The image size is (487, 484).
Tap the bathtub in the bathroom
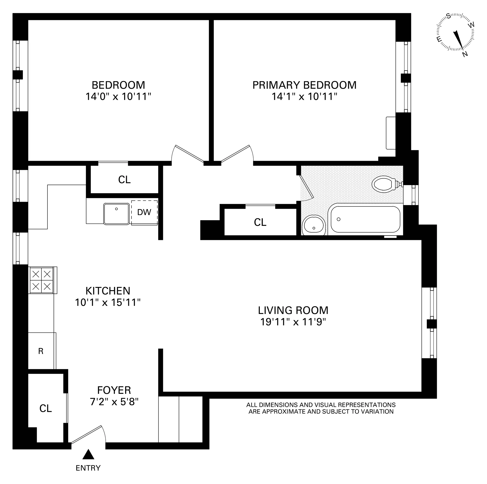[x=365, y=219]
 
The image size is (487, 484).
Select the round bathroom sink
[x=314, y=225]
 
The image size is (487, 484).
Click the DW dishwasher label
[x=144, y=212]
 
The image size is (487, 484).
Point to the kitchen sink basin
[x=116, y=214]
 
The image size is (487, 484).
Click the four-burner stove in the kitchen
[x=42, y=280]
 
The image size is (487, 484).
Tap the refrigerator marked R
[x=41, y=351]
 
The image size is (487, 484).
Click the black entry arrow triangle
[x=88, y=455]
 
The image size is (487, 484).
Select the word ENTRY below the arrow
[x=88, y=468]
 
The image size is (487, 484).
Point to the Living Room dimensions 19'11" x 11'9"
[x=293, y=322]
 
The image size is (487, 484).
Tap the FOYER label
[x=114, y=390]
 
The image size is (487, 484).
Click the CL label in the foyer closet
[x=46, y=408]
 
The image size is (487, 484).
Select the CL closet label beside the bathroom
[x=260, y=222]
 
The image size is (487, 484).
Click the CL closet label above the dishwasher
[x=124, y=180]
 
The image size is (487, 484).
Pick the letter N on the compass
[x=465, y=54]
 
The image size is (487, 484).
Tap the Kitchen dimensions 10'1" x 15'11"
[x=108, y=302]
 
